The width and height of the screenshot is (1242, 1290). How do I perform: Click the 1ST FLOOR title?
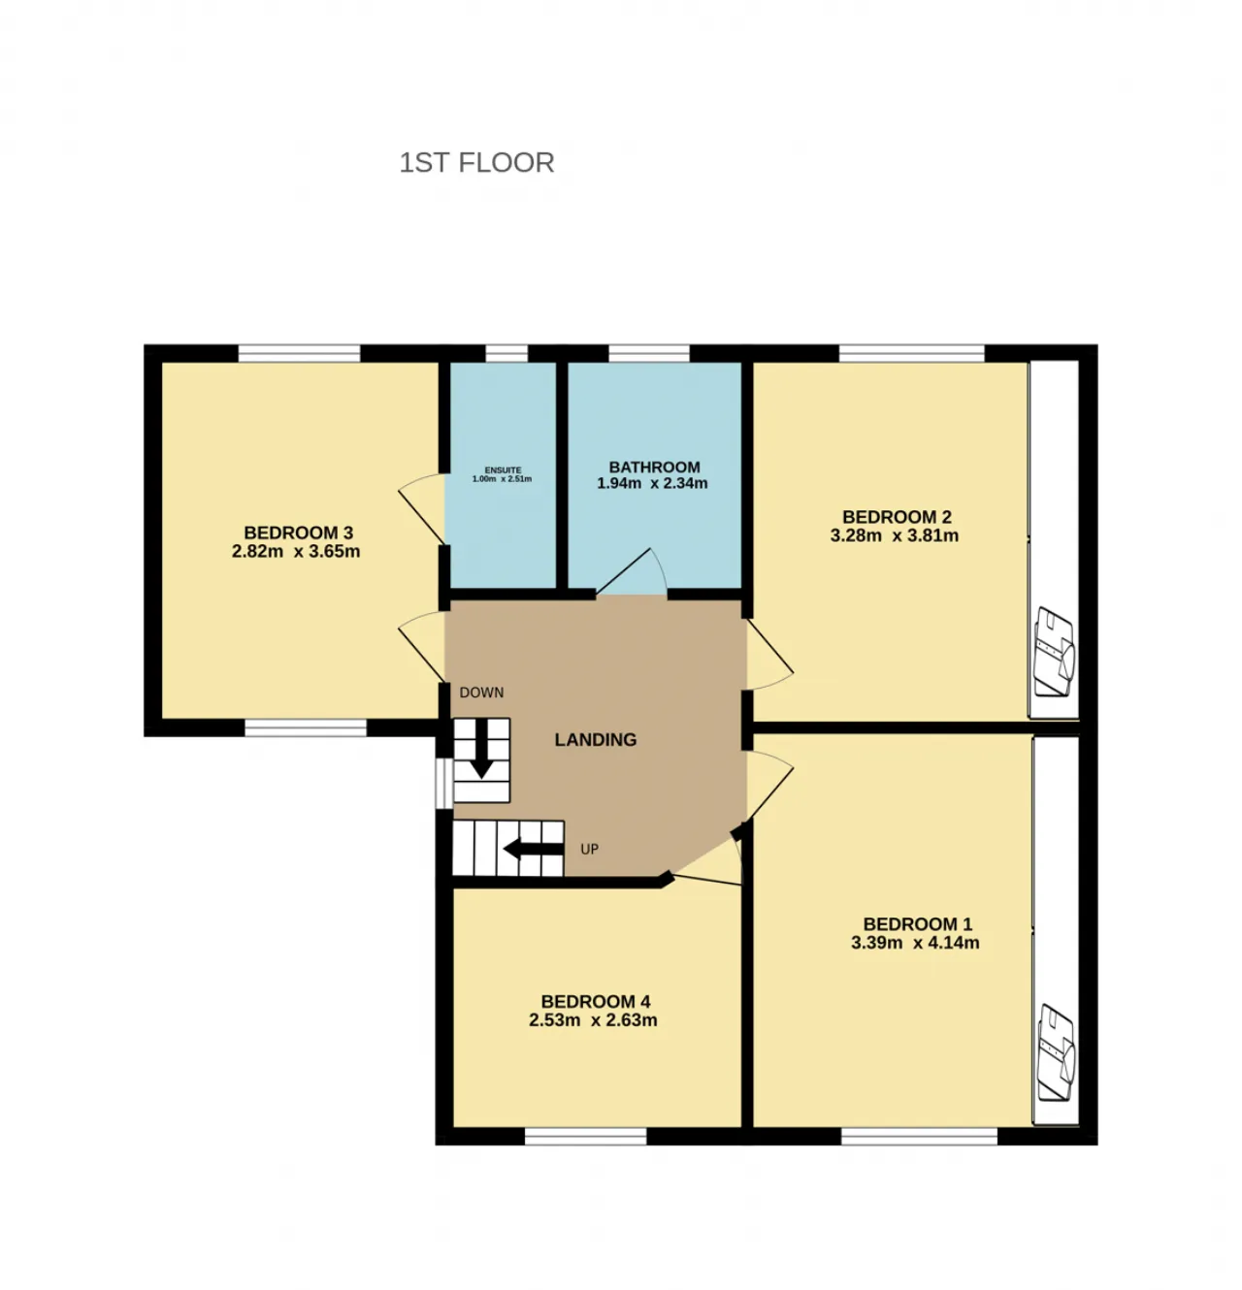[476, 162]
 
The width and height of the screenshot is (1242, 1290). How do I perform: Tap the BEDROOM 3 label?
[299, 532]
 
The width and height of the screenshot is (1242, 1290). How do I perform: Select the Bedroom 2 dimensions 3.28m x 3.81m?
[894, 535]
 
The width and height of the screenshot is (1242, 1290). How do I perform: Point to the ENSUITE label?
[503, 470]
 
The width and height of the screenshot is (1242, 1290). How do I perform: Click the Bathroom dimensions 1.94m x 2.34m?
[652, 483]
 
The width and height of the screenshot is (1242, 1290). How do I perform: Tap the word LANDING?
[596, 740]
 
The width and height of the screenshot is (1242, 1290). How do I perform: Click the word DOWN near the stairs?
[481, 693]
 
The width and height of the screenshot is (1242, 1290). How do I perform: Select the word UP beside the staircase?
[590, 850]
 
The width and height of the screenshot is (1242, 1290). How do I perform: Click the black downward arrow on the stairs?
[481, 749]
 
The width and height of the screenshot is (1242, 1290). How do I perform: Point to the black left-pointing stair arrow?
[533, 849]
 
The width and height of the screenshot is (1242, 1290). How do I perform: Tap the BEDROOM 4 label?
[596, 1001]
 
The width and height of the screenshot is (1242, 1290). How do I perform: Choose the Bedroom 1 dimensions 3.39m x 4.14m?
[915, 943]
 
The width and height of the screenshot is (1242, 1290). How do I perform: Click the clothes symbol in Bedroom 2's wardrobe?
[1055, 652]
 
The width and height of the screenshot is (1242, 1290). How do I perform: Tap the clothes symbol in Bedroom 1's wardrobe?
[1057, 1053]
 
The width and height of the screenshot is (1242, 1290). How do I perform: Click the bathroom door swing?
[632, 571]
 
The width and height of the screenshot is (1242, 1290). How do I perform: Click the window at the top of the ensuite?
[507, 353]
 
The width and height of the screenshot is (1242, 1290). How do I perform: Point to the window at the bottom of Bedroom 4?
[585, 1137]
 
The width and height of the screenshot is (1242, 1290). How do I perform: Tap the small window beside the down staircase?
[443, 784]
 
